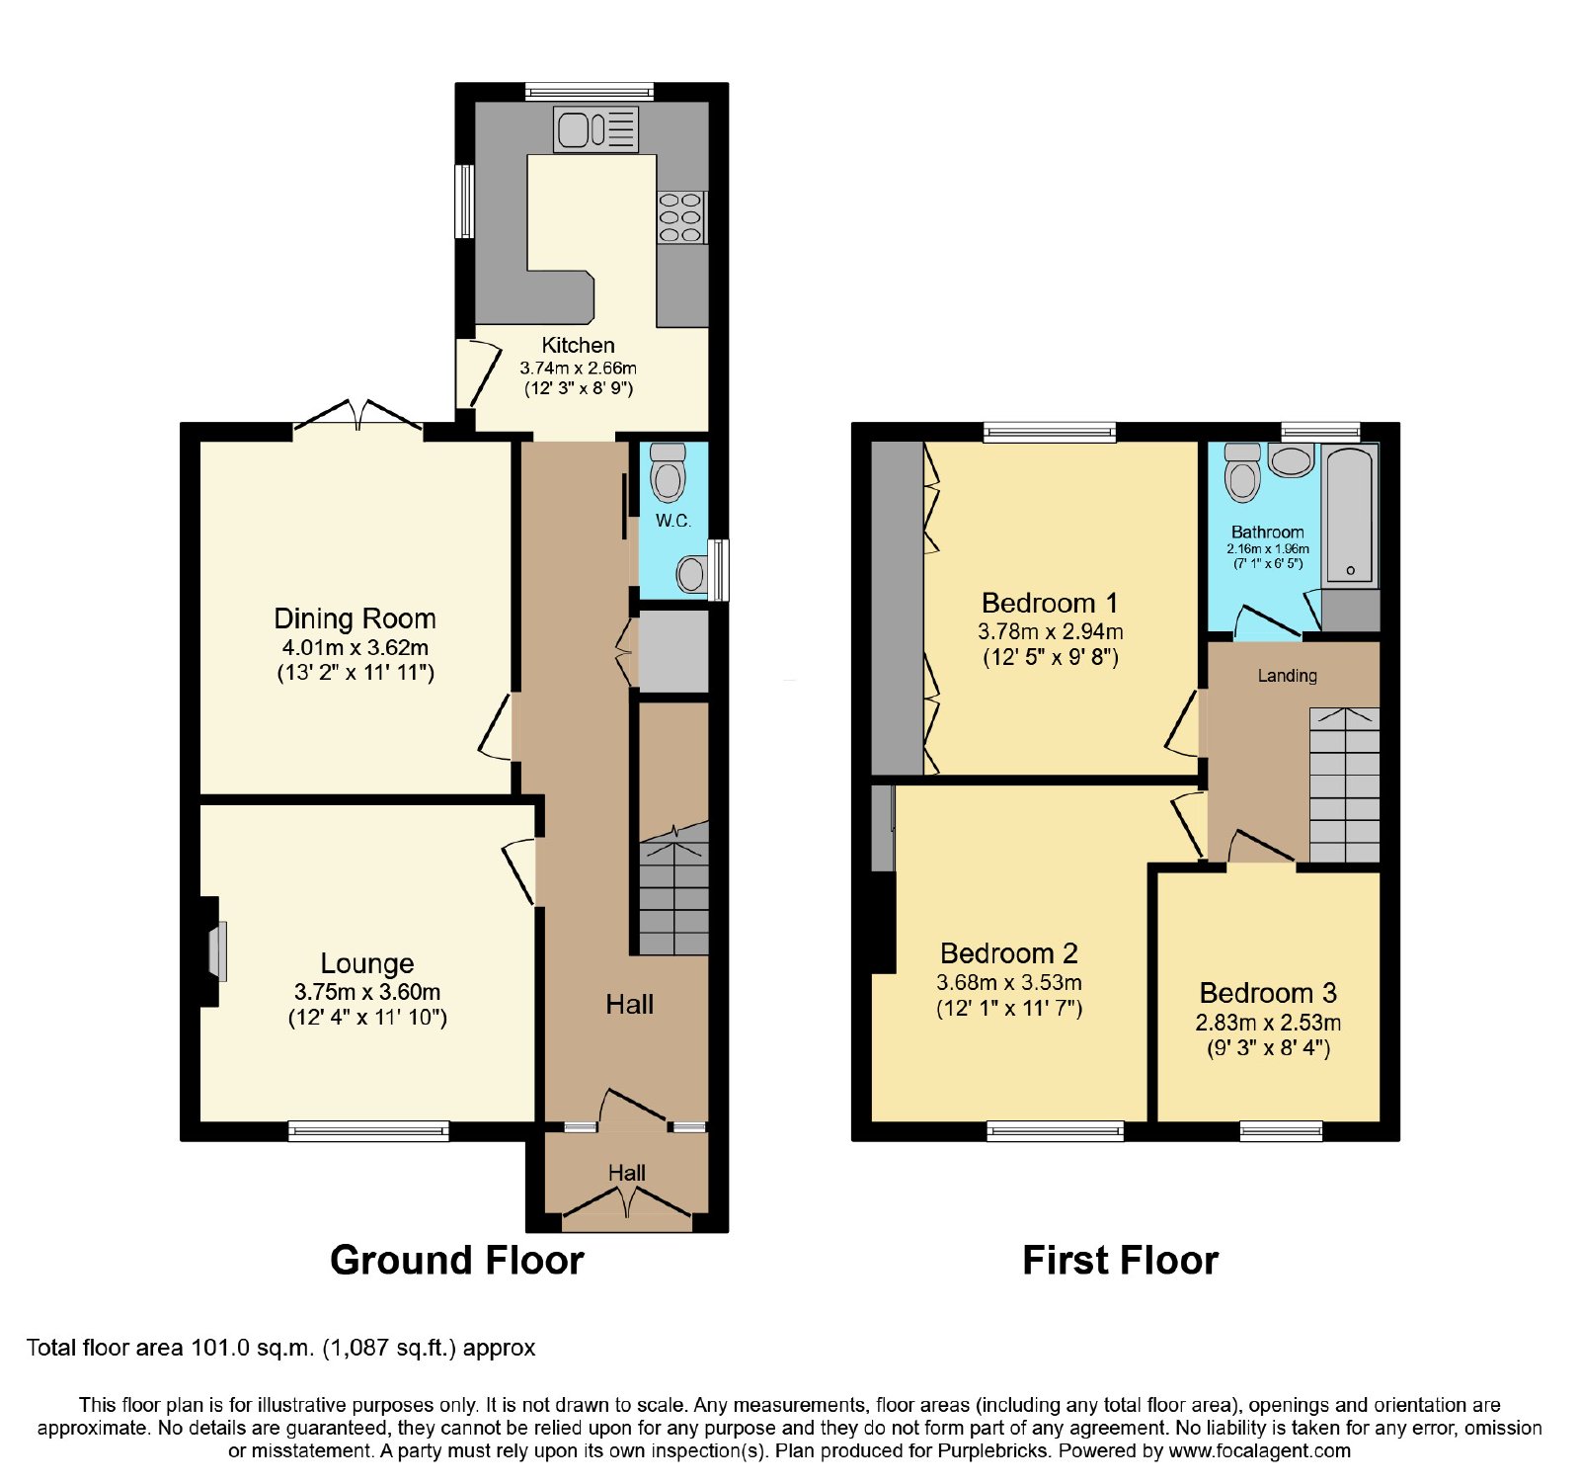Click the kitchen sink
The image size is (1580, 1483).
tap(596, 129)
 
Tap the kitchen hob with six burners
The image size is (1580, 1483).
tap(680, 217)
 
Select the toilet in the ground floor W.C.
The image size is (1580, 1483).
tap(669, 472)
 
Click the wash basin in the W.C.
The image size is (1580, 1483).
tap(693, 573)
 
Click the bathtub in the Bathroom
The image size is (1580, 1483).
tap(1350, 516)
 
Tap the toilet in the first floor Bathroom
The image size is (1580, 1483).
tap(1242, 472)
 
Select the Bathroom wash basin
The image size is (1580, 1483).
tap(1292, 460)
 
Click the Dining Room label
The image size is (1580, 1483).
tap(355, 618)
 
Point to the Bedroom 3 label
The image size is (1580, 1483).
tap(1268, 993)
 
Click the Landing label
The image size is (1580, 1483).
tap(1287, 676)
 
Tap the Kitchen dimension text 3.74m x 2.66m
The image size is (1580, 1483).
tap(579, 368)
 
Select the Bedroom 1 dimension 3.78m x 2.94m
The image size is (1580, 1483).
tap(1051, 631)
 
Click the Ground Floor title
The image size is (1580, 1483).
tap(457, 1261)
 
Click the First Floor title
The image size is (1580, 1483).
tap(1121, 1261)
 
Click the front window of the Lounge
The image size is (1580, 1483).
tap(368, 1131)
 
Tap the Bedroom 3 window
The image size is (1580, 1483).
tap(1281, 1131)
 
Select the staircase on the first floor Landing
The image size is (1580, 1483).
tap(1344, 785)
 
